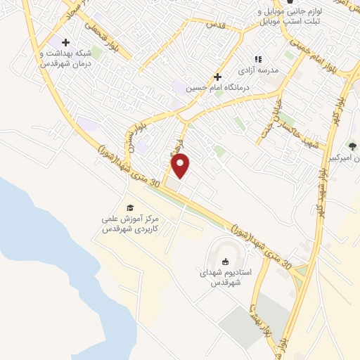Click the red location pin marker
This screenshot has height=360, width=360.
(x=181, y=165)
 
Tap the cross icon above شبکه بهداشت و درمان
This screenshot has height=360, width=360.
(x=65, y=43)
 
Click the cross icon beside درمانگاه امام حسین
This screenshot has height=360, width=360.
(x=217, y=77)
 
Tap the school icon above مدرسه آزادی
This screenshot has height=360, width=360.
(x=257, y=59)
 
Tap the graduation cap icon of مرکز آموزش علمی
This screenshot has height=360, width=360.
(x=129, y=207)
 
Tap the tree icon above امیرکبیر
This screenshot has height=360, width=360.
(x=352, y=146)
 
